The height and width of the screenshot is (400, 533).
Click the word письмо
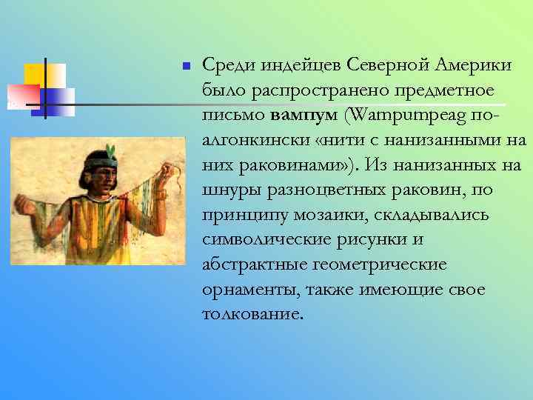pos(233,116)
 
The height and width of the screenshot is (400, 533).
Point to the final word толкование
pos(252,313)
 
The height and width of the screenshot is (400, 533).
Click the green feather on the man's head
pos(112,152)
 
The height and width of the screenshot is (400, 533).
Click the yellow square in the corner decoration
pos(36,75)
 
